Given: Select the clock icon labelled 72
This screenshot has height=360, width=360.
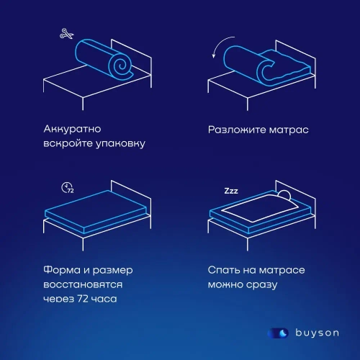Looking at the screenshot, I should [67, 189].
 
